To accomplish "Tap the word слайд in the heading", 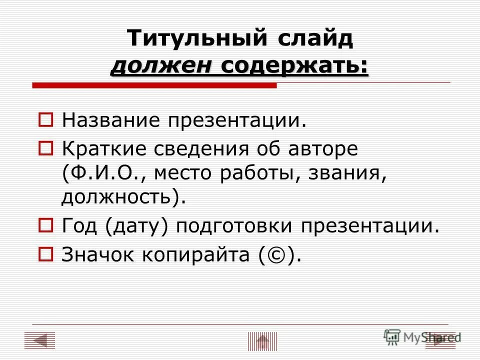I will [313, 38].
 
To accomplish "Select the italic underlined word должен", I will [160, 66].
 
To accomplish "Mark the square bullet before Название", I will [45, 120].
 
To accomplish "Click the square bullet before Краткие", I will [45, 148].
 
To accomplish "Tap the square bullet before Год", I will [45, 227].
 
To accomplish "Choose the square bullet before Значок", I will [45, 255].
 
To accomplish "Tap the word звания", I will [348, 172].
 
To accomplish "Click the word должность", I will [117, 197].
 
